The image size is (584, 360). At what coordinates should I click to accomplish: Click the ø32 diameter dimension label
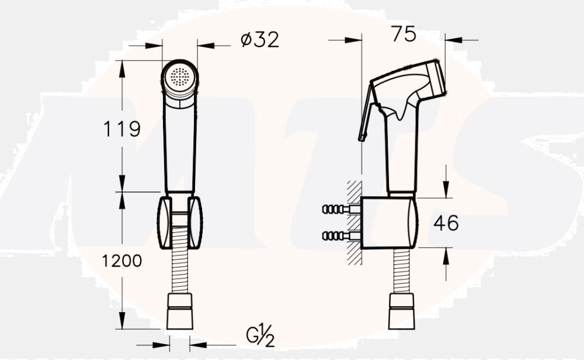pos(260,40)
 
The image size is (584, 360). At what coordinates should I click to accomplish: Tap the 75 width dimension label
pos(404,34)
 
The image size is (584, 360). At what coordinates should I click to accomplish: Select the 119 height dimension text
pos(122,129)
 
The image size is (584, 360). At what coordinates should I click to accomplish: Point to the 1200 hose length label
pos(122,261)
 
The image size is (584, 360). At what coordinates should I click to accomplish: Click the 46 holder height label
pos(446,223)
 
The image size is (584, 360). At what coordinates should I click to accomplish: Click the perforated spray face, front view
pos(179,77)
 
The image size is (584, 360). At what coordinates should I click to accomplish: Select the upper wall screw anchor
pos(341,209)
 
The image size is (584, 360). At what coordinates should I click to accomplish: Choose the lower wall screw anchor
pos(341,236)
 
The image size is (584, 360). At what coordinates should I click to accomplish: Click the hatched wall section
pos(354,223)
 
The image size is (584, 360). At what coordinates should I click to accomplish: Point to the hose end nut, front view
pos(180,311)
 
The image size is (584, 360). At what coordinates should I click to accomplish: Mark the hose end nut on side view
pos(401,311)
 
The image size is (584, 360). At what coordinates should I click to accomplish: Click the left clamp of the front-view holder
pos(164,223)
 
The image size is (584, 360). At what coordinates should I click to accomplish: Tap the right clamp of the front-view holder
pos(195,223)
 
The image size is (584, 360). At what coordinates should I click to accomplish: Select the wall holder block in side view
pos(389,223)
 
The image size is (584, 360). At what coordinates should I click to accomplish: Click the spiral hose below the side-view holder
pos(401,271)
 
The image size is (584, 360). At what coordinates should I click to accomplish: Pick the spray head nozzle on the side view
pos(436,79)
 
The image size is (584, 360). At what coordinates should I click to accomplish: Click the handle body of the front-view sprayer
pos(180,146)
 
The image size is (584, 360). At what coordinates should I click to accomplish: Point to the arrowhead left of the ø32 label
pos(154,46)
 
